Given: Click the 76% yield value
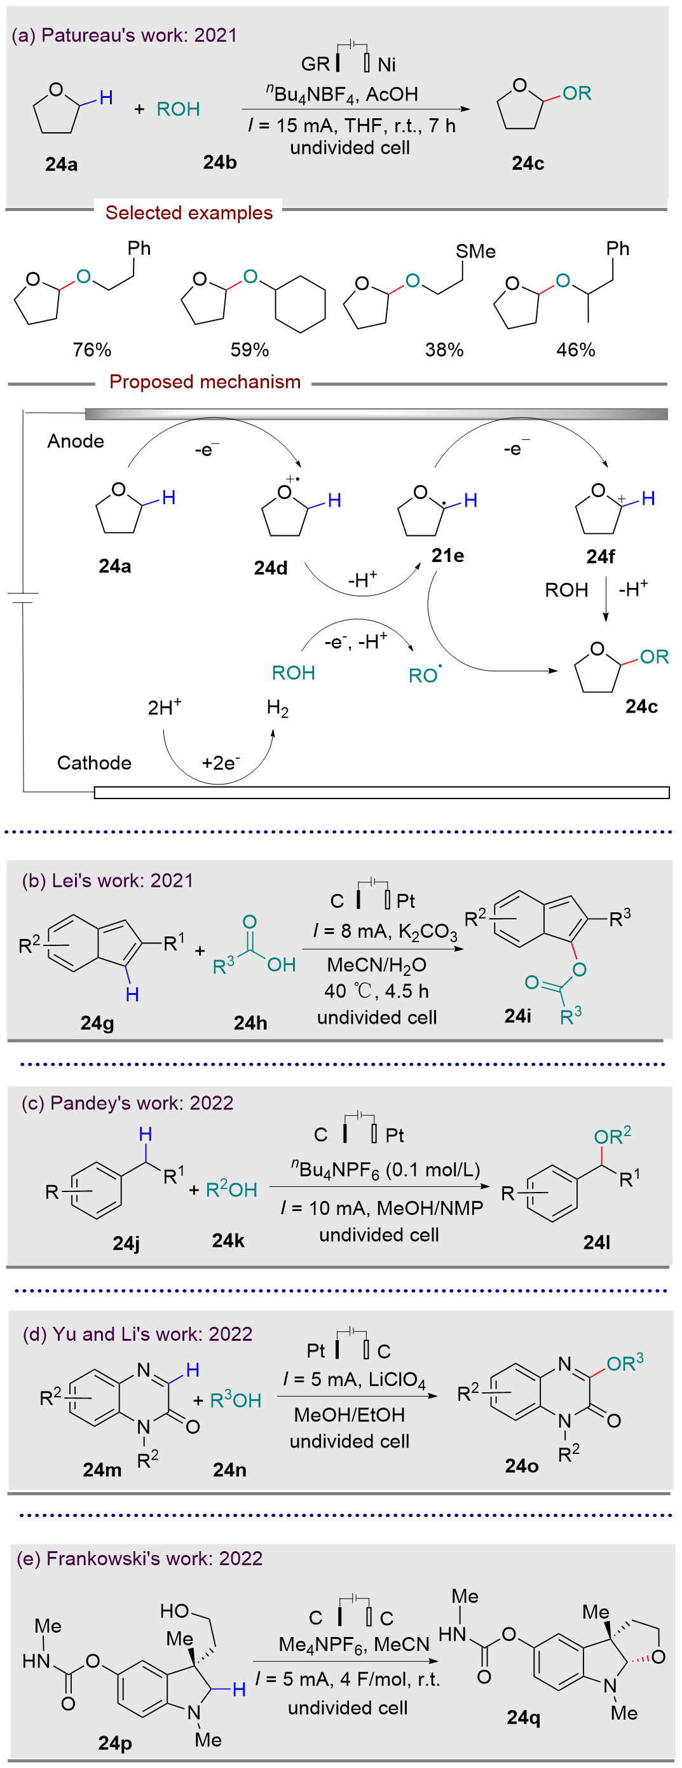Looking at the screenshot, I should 92,350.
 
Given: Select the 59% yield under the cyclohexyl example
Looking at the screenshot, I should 249,350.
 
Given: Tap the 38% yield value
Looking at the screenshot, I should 444,350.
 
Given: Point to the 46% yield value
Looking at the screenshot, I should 575,350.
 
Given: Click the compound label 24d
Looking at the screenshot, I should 270,568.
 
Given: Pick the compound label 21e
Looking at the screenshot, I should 447,555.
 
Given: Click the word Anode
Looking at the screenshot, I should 76,441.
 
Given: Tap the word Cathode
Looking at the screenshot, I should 94,762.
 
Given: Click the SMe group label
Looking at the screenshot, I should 475,251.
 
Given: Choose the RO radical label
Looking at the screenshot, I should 425,675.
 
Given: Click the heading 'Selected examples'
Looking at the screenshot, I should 189,213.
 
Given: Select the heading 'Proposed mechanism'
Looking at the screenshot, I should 205,381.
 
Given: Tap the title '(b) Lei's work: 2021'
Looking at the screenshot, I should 107,881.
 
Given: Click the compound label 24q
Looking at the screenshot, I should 523,1717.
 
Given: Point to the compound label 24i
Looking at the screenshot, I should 517,1016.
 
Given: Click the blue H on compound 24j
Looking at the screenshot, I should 146,1135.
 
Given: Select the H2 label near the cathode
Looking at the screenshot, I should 277,708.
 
